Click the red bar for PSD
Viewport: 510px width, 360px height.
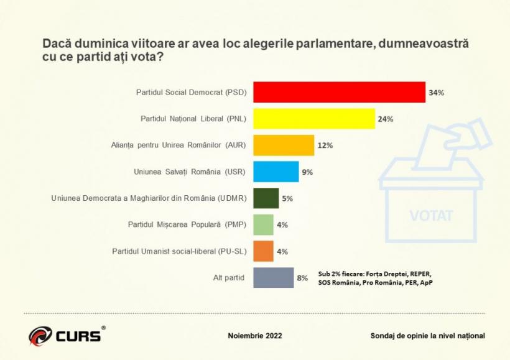[x=339, y=92]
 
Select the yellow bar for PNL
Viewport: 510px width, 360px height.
[x=314, y=119]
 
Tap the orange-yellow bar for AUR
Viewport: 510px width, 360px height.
[x=284, y=145]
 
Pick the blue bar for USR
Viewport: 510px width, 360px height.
[x=276, y=172]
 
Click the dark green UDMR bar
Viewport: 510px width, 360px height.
[x=266, y=198]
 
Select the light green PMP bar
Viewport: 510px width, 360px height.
[x=264, y=224]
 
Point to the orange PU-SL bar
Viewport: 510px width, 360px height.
[x=264, y=251]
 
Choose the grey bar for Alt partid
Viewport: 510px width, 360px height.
[x=274, y=278]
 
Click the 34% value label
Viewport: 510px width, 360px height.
[x=435, y=93]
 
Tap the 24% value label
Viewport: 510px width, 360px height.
[x=385, y=119]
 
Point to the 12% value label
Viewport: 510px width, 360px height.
[x=325, y=145]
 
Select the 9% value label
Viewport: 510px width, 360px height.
[x=307, y=172]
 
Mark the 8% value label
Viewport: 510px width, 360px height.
[x=302, y=279]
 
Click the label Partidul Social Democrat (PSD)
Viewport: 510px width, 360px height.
[x=192, y=93]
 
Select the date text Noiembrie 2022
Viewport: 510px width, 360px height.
[x=255, y=336]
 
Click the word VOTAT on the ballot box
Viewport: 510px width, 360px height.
[x=431, y=216]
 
